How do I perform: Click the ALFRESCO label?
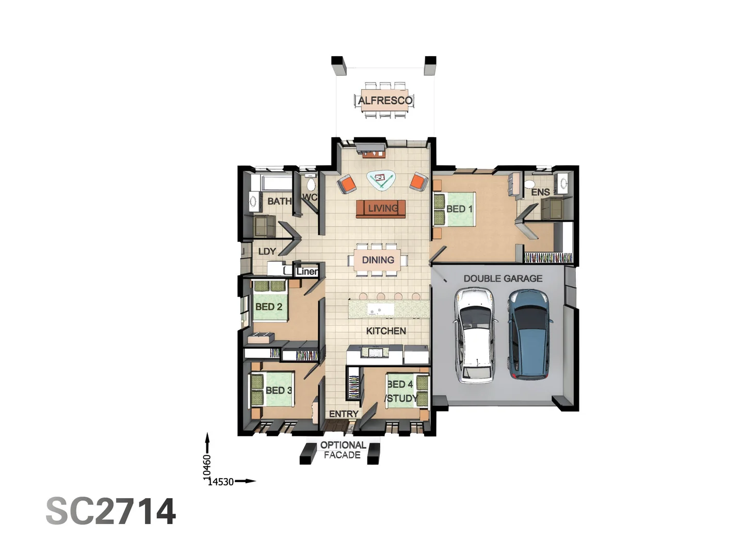pos(385,101)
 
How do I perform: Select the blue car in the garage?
pos(529,334)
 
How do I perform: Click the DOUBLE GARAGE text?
pos(503,278)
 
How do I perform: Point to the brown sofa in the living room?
pos(381,208)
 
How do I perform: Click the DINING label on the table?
pos(378,260)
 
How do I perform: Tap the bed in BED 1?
pos(454,209)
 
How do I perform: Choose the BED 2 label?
pos(269,307)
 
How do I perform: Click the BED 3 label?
pos(279,390)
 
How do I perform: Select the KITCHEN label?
pos(386,331)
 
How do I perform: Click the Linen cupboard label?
pos(307,271)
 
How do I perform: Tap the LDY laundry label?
pos(267,252)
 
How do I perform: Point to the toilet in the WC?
pos(311,184)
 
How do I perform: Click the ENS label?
pos(540,192)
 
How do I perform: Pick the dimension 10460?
pos(207,465)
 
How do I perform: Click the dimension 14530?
pos(221,482)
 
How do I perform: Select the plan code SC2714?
pos(111,512)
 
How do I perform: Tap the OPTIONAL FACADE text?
pos(343,450)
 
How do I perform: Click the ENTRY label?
pos(344,414)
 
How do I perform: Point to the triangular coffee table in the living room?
pos(381,179)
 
